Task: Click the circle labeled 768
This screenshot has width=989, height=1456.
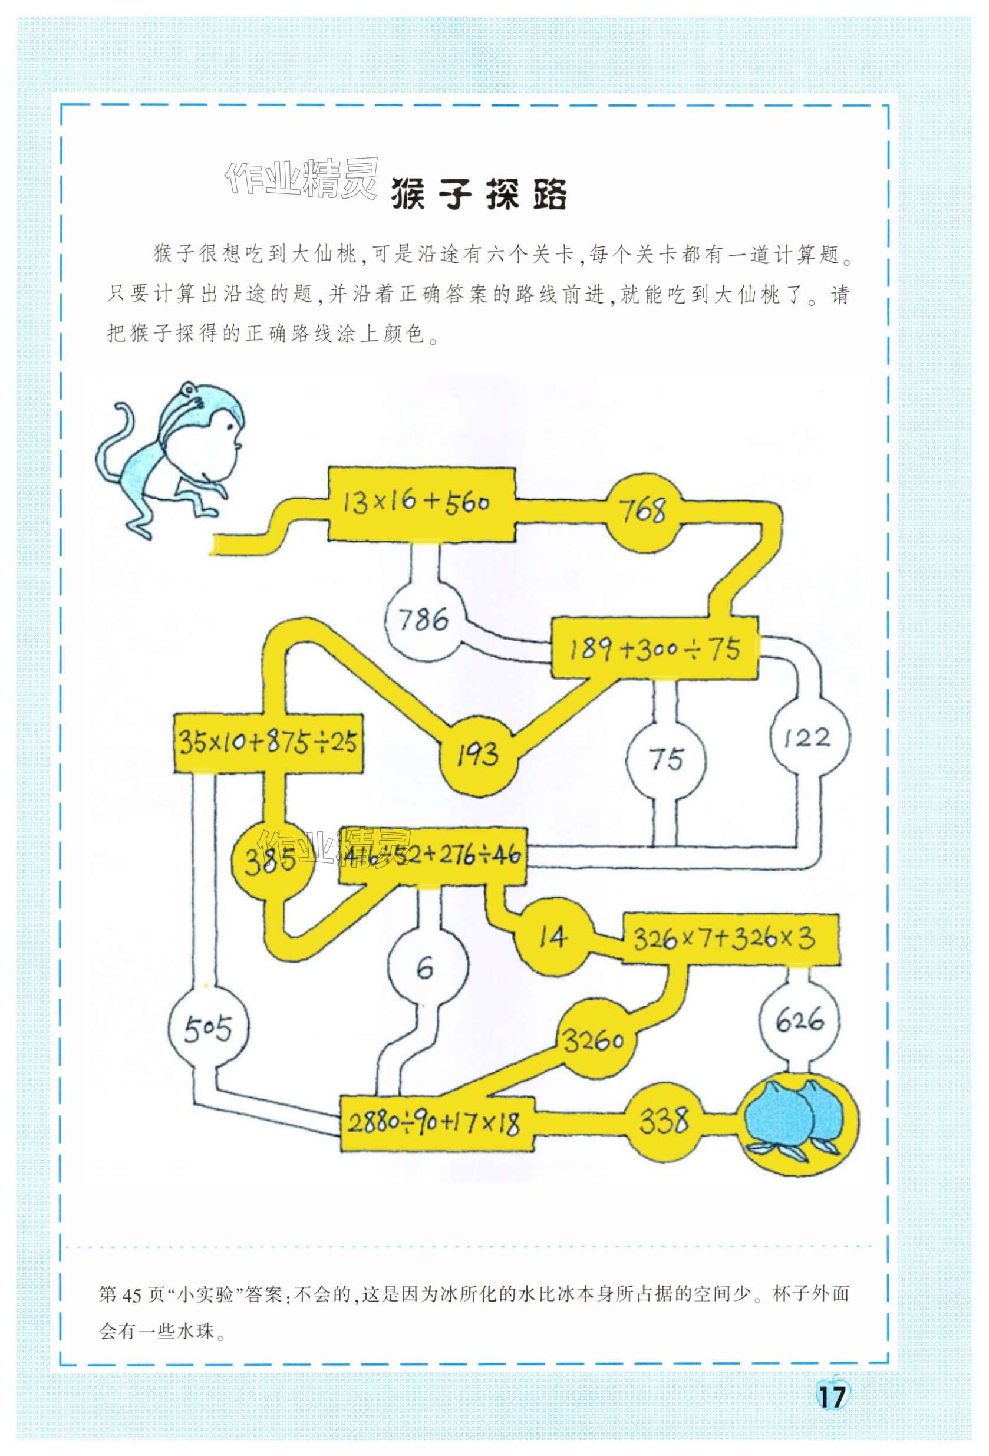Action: pyautogui.click(x=643, y=510)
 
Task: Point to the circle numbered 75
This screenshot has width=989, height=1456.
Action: pyautogui.click(x=666, y=759)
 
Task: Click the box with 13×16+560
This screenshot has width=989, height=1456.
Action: pyautogui.click(x=421, y=503)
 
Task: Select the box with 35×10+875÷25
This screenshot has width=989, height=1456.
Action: pyautogui.click(x=268, y=742)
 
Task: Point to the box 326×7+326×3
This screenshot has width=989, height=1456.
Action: pyautogui.click(x=730, y=938)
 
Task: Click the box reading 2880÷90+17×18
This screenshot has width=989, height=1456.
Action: pyautogui.click(x=437, y=1124)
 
